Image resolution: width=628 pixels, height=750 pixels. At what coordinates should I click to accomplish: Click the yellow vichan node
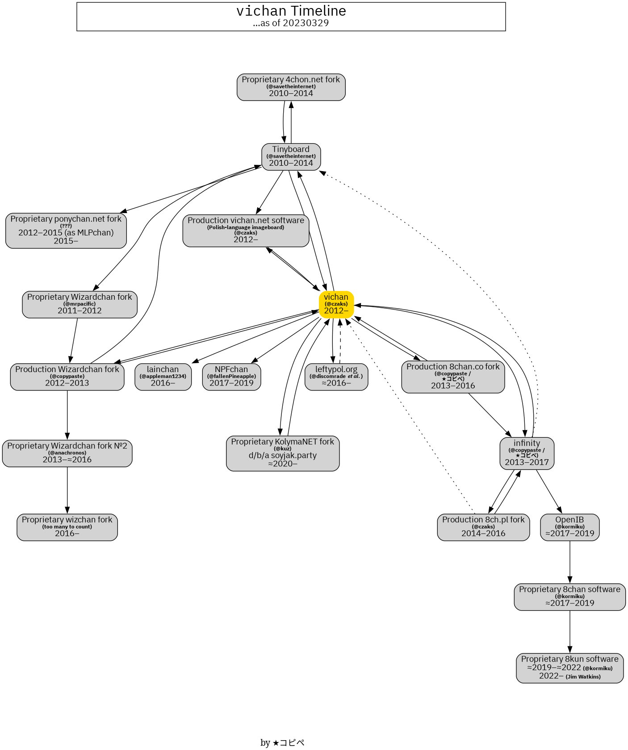[336, 304]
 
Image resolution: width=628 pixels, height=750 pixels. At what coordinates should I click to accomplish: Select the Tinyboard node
[291, 156]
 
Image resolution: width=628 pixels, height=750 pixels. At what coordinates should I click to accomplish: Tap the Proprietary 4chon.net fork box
[291, 87]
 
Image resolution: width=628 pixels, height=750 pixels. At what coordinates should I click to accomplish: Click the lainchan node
[163, 377]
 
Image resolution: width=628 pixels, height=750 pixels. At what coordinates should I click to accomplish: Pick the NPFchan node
[231, 377]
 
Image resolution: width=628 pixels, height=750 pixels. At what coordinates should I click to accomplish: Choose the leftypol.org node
[336, 377]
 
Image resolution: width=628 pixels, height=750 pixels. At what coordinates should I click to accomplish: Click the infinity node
[527, 453]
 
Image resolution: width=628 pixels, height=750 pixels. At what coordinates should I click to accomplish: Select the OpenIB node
[569, 527]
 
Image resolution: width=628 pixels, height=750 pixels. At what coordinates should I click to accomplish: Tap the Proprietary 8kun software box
[569, 668]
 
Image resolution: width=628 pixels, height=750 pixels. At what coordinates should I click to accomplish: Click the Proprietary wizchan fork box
[67, 527]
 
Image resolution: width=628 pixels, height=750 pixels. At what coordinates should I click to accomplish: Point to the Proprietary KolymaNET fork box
[282, 453]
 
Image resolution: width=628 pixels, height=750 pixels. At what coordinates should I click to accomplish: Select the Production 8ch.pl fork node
[483, 527]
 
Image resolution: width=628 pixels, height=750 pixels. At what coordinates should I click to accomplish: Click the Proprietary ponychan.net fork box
[66, 230]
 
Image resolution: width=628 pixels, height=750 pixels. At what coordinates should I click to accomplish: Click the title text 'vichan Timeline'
[291, 11]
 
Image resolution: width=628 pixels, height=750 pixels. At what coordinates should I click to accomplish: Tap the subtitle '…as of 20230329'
[291, 23]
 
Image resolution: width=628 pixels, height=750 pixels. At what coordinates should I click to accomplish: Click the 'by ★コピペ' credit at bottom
[282, 742]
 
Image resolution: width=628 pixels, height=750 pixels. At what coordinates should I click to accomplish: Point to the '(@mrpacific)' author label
[80, 304]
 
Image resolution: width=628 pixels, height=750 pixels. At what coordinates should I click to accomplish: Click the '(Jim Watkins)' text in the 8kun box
[583, 677]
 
